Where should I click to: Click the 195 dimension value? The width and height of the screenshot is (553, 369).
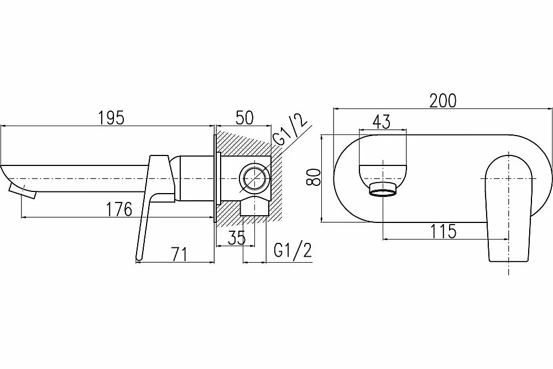pyautogui.click(x=111, y=117)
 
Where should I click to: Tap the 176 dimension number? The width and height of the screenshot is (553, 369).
pyautogui.click(x=119, y=209)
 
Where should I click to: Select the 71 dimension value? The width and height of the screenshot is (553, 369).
pyautogui.click(x=179, y=254)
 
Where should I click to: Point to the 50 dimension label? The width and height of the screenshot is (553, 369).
pyautogui.click(x=244, y=117)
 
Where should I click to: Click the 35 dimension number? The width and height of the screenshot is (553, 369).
pyautogui.click(x=236, y=238)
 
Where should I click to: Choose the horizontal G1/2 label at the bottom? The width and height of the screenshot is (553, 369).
pyautogui.click(x=293, y=251)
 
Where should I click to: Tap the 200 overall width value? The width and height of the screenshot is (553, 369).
pyautogui.click(x=443, y=101)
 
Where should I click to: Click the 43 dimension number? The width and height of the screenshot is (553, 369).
pyautogui.click(x=382, y=122)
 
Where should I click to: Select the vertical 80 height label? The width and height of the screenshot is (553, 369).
pyautogui.click(x=314, y=177)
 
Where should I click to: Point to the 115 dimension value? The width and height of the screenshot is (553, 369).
pyautogui.click(x=443, y=231)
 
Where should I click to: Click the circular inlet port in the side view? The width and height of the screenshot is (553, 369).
pyautogui.click(x=253, y=178)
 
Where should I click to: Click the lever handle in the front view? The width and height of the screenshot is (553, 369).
pyautogui.click(x=508, y=208)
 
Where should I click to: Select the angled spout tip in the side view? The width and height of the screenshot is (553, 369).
pyautogui.click(x=22, y=190)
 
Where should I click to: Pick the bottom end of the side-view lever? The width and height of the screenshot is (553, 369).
pyautogui.click(x=139, y=259)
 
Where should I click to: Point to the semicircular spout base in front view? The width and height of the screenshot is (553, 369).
pyautogui.click(x=383, y=174)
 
